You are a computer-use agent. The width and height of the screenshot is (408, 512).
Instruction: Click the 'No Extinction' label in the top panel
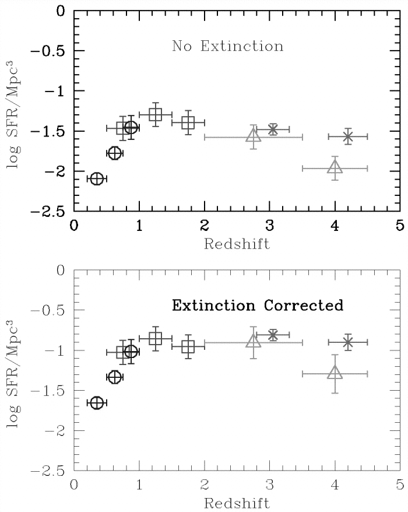[x=227, y=46]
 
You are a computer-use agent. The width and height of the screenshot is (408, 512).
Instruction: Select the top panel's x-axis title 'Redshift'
[x=237, y=244]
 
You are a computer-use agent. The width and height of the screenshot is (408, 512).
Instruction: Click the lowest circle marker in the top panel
[x=97, y=178]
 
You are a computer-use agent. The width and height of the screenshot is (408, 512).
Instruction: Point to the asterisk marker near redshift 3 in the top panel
[x=273, y=129]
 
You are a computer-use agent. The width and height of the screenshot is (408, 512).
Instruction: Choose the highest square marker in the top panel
[x=155, y=115]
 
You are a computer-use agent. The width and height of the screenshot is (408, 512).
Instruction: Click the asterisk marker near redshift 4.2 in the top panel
[x=348, y=136]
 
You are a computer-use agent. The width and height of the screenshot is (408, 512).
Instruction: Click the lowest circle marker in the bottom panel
[x=97, y=403]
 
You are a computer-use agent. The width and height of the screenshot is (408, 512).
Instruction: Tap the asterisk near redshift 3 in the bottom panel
[x=273, y=335]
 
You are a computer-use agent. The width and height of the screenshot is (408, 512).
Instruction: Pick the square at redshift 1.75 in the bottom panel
[x=188, y=347]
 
